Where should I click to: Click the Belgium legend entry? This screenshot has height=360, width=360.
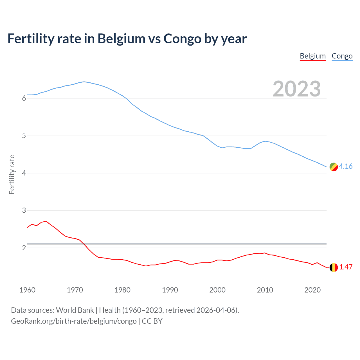tap(312, 56)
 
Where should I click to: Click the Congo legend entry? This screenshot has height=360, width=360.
tap(342, 56)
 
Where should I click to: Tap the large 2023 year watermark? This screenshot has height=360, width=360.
tap(296, 89)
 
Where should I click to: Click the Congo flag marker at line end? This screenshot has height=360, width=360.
tap(334, 167)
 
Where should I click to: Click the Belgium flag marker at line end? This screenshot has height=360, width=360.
tap(334, 267)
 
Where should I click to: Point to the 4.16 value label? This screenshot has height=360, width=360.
tap(346, 166)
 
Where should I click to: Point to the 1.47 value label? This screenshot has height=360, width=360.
tap(346, 267)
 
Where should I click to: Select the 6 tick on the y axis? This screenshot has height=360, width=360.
tap(24, 98)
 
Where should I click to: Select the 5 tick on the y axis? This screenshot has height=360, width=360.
tap(24, 136)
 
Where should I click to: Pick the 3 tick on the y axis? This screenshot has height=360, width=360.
tap(24, 210)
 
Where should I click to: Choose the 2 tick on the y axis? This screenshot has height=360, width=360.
tap(24, 248)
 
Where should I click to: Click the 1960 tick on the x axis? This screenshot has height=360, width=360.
tap(27, 290)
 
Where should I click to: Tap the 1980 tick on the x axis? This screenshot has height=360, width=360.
tap(122, 290)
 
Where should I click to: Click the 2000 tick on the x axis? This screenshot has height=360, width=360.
tap(217, 290)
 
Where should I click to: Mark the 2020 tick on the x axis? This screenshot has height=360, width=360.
tap(312, 290)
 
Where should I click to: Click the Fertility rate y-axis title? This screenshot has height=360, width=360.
tap(12, 174)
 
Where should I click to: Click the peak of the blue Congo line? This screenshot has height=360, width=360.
tap(84, 82)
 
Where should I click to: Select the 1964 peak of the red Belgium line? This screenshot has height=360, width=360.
tap(46, 221)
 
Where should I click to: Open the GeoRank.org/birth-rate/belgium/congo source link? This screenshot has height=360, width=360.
tap(74, 321)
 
